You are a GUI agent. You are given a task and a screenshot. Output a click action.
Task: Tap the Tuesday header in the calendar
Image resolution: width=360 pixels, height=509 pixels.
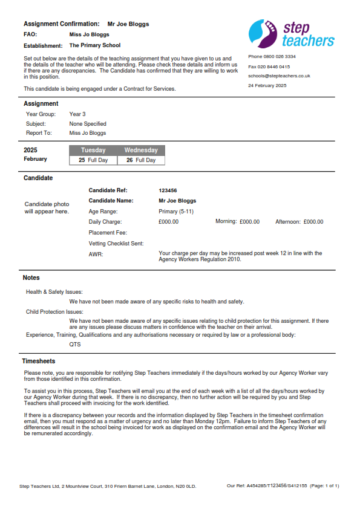(x=93, y=150)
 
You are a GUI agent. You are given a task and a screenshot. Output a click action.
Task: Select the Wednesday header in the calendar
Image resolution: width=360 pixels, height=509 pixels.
(x=141, y=150)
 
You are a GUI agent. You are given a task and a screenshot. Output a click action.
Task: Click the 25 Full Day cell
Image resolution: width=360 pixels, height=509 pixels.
(x=93, y=160)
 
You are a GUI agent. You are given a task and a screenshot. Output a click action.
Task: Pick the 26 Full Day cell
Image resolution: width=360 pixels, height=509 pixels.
(x=141, y=160)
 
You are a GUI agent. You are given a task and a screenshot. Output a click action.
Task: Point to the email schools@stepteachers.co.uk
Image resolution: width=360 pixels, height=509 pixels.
(x=279, y=76)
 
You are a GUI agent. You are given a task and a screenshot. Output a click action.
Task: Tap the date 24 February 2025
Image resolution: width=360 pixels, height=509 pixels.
(x=267, y=85)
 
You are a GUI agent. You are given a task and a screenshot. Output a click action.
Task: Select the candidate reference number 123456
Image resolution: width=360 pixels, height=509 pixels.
(x=168, y=190)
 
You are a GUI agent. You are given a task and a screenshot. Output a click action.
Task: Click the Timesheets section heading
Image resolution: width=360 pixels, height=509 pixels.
(x=39, y=361)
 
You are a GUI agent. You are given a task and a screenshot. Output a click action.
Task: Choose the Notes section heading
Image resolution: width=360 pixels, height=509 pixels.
(x=31, y=278)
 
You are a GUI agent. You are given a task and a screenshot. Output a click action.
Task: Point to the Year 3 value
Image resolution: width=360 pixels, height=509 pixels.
(x=77, y=114)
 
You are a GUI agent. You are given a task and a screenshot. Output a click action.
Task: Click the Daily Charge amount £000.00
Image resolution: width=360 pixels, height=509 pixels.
(x=168, y=222)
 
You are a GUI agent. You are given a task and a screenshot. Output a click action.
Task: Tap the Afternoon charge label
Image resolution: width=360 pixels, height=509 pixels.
(x=288, y=222)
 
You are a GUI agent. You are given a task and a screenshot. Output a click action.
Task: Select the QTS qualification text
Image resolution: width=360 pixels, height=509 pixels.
(x=75, y=345)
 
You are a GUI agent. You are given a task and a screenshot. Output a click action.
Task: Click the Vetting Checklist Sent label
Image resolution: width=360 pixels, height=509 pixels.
(x=116, y=244)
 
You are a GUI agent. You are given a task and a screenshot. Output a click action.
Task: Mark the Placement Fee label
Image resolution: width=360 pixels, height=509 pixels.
(x=108, y=233)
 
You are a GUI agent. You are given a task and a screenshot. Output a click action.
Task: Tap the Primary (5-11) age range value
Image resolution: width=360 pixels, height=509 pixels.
(x=176, y=212)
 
